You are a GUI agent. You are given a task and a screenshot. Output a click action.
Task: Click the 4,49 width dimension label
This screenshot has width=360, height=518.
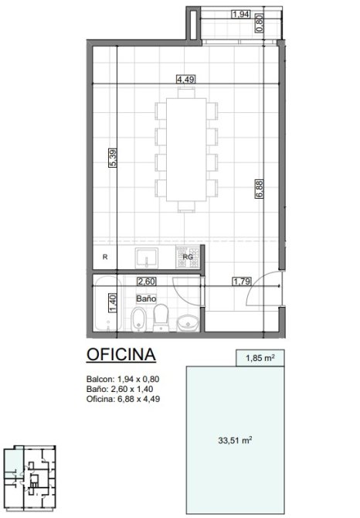click(x=185, y=80)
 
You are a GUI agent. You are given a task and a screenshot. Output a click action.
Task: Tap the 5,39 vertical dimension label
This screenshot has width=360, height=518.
click(x=113, y=158)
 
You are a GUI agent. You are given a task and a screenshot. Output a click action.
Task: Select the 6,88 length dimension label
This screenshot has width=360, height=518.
click(x=259, y=189)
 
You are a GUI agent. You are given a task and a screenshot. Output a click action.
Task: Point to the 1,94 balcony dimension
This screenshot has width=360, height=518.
click(x=241, y=14)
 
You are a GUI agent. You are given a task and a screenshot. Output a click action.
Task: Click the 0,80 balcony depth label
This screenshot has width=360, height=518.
click(x=260, y=23)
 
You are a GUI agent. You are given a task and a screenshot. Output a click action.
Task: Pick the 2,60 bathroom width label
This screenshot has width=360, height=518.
click(x=147, y=281)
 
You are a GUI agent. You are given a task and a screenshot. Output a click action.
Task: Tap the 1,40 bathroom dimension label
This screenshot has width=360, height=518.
click(x=113, y=303)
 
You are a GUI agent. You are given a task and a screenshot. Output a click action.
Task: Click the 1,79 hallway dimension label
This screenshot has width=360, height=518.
click(x=242, y=281)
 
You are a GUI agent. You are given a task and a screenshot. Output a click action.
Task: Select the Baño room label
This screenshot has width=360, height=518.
click(x=146, y=298)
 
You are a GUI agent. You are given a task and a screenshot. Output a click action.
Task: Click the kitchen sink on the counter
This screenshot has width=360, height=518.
click(x=147, y=258)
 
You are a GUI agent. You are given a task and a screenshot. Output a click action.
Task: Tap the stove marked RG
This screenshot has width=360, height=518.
click(x=188, y=257)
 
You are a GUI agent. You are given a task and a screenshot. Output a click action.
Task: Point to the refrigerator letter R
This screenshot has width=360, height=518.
click(x=105, y=257)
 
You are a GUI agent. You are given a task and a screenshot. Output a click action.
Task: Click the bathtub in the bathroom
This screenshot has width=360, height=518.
click(x=106, y=304)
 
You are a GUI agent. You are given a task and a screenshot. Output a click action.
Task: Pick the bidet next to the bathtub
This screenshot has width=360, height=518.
click(x=138, y=319)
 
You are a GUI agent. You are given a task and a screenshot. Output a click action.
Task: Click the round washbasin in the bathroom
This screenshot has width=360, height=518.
click(x=188, y=322)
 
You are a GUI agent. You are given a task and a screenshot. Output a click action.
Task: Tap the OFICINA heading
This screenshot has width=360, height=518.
click(x=121, y=354)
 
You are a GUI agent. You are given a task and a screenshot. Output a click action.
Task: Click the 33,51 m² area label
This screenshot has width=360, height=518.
click(x=236, y=441)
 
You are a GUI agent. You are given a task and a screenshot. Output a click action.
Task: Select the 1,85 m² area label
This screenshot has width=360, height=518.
click(x=260, y=358)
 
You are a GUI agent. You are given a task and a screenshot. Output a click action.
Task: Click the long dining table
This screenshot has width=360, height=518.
click(x=186, y=149)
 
